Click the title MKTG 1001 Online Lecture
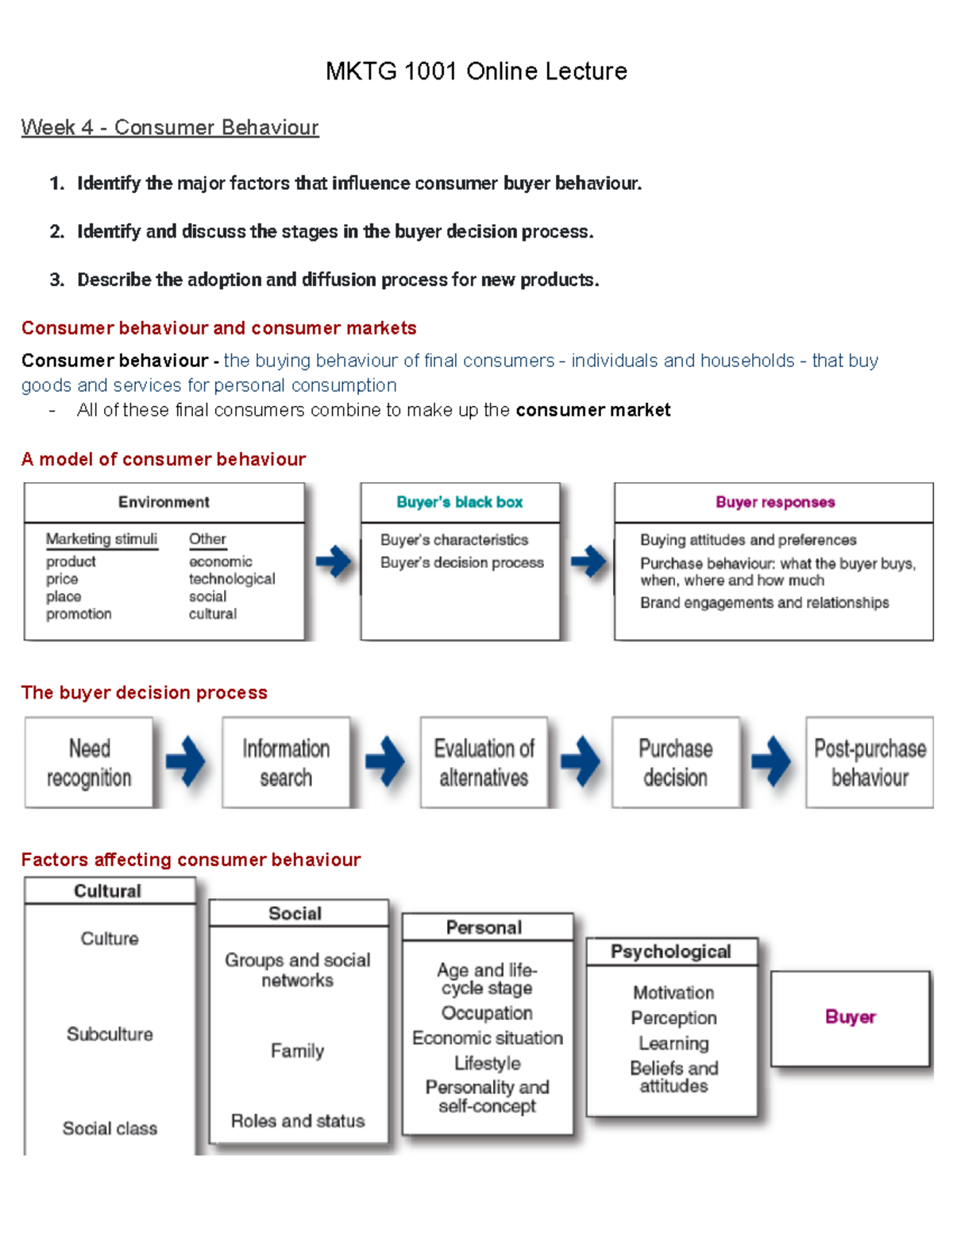476,72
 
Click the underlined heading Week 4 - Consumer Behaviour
170,127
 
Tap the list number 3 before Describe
56,280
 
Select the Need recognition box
89,763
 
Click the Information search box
286,763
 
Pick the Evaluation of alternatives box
484,763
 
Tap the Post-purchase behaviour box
870,763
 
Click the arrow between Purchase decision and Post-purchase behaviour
771,761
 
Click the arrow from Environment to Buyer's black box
334,562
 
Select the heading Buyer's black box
460,502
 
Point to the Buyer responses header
775,502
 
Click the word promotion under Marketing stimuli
79,614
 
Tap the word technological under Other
232,579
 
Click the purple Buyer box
850,1017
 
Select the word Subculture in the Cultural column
110,1034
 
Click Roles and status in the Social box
298,1120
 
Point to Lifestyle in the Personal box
488,1063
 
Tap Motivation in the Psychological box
673,992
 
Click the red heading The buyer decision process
145,693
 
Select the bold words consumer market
592,410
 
